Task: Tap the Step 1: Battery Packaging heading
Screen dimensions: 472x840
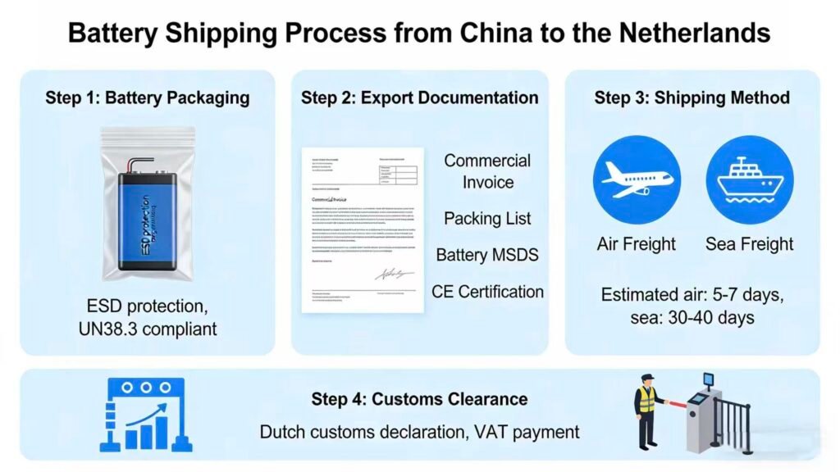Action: pos(148,98)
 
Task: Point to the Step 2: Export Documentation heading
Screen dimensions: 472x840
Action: pos(419,98)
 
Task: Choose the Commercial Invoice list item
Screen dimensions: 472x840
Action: pos(487,171)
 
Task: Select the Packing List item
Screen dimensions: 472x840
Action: pos(487,218)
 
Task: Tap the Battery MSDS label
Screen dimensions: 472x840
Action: pos(487,255)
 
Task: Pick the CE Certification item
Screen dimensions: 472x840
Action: pos(487,292)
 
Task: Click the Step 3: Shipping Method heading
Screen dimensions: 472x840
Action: pos(692,98)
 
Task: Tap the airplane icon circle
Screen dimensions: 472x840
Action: pos(637,181)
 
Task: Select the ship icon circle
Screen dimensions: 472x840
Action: pos(749,181)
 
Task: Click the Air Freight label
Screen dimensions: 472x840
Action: pos(637,244)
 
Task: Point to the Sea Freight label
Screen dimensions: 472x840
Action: pos(749,244)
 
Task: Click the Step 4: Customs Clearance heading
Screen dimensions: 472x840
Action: pos(419,400)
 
